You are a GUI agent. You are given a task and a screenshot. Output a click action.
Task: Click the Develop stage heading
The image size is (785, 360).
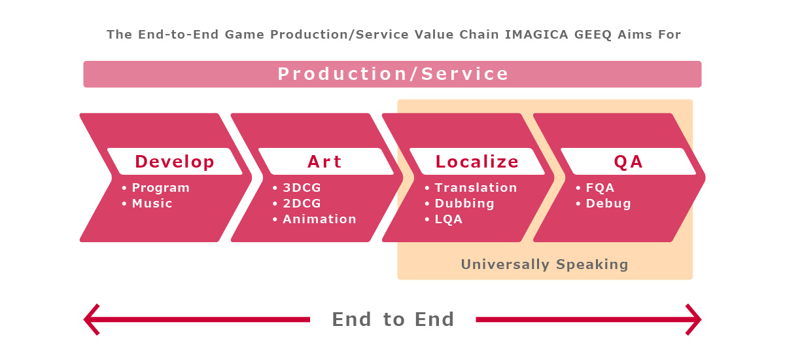tap(175, 162)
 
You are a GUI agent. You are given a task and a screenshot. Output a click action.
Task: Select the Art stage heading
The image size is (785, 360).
tap(324, 162)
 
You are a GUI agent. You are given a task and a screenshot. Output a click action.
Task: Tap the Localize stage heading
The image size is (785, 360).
tap(477, 162)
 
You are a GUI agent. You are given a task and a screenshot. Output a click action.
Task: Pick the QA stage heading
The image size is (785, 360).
tap(629, 162)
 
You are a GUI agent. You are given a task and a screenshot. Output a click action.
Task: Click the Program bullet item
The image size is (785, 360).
tap(160, 188)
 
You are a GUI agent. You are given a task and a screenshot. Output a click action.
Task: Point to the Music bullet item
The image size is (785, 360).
tap(152, 204)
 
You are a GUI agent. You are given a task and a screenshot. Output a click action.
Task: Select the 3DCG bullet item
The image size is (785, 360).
tap(302, 188)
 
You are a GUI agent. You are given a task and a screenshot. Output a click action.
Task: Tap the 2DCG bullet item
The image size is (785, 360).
tap(302, 204)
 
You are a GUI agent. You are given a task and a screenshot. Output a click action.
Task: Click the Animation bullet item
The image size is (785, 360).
tap(320, 219)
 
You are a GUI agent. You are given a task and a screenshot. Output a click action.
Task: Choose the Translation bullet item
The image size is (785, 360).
tap(476, 188)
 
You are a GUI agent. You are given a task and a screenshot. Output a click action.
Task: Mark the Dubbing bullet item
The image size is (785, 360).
tap(464, 204)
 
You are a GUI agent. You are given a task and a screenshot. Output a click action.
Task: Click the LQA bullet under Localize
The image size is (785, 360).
tap(449, 219)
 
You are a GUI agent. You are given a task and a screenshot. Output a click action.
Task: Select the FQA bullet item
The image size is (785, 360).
tap(600, 188)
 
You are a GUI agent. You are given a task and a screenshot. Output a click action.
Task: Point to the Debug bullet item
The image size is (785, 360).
tap(608, 204)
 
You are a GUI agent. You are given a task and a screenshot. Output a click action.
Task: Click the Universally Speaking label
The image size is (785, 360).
tap(544, 264)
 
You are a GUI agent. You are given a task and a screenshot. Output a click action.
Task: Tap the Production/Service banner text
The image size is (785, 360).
tap(393, 74)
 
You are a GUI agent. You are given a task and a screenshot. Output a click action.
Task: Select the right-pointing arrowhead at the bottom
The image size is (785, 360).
tap(693, 319)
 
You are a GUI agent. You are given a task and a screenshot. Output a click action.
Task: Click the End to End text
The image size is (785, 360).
tap(393, 319)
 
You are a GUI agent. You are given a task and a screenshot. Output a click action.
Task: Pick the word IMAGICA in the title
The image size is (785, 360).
tap(536, 35)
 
